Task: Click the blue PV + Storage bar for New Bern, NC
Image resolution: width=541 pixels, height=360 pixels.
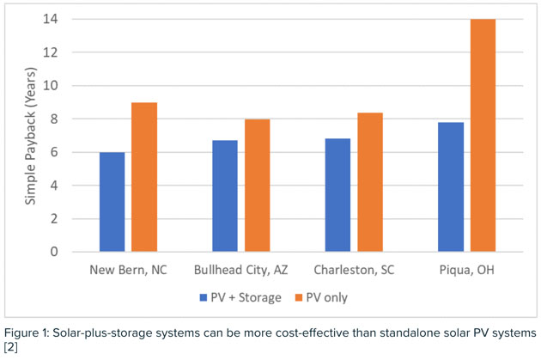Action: point(112,202)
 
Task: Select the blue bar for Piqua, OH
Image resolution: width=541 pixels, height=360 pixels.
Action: point(449,186)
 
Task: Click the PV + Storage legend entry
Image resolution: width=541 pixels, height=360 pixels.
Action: point(236,297)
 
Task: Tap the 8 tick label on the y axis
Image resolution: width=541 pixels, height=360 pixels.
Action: point(54,119)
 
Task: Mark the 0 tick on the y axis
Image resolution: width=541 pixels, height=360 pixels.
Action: point(54,252)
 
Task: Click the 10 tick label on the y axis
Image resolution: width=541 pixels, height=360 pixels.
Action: point(52,86)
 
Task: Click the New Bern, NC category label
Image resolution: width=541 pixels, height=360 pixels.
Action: point(128,270)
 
